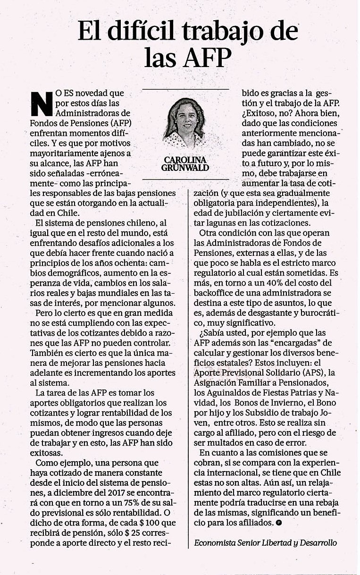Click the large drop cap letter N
(42, 102)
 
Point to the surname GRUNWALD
(185, 168)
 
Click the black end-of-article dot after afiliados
(279, 523)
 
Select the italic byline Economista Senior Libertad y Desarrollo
(266, 543)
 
